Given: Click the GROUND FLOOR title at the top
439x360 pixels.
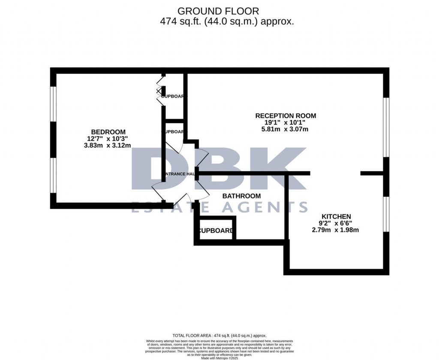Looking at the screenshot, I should (218, 11).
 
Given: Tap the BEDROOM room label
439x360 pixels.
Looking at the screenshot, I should (108, 132).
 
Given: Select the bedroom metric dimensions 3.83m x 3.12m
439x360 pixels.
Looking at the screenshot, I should (107, 145).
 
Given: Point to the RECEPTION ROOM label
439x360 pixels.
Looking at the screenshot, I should (286, 116).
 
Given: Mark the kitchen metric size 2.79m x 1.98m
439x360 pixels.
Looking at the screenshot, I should (335, 230).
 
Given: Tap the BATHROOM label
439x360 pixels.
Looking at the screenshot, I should (241, 196).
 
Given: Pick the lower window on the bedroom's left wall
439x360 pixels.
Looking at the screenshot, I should (53, 176).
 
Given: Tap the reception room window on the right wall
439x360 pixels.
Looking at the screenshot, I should (386, 127).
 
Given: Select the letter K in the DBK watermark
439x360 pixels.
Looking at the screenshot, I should (283, 169).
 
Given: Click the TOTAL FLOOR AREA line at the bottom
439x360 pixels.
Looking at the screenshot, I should (219, 336).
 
